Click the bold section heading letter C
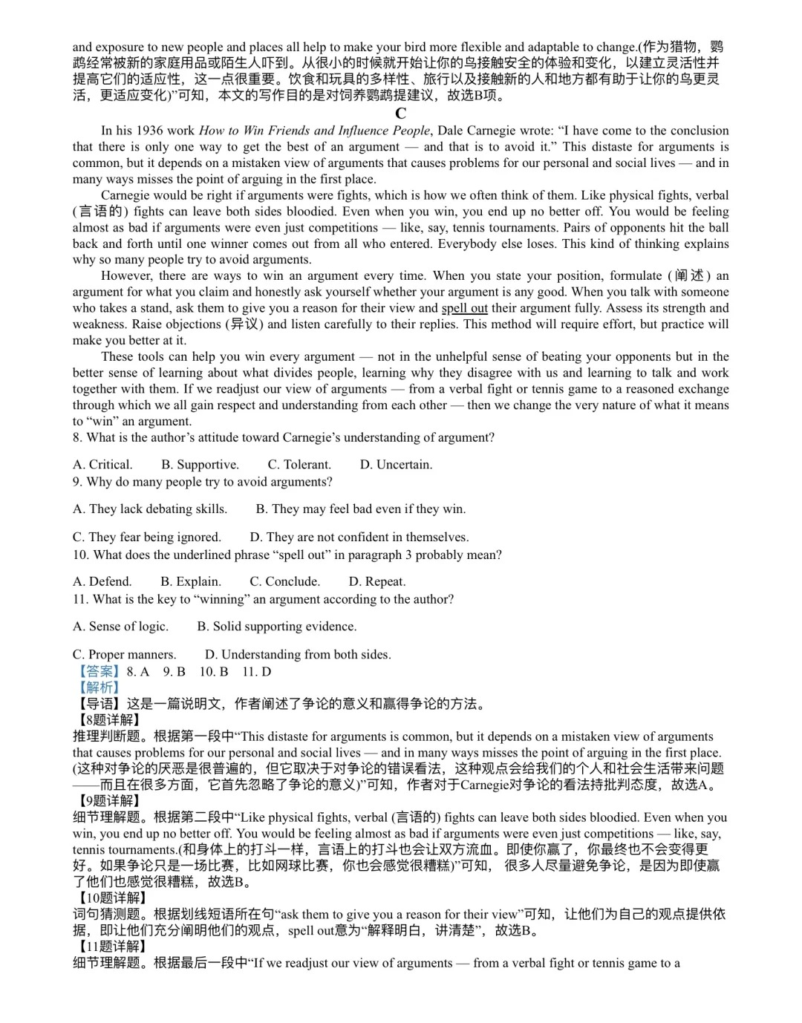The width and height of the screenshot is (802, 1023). (x=401, y=114)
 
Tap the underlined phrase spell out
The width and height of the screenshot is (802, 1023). (x=464, y=308)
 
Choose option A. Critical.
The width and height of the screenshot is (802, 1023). (x=102, y=465)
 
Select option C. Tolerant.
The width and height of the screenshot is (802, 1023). (x=299, y=465)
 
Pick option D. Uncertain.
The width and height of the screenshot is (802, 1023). (x=396, y=465)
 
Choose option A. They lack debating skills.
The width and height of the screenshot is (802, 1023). (x=150, y=509)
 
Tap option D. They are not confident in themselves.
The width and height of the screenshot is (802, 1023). (x=359, y=537)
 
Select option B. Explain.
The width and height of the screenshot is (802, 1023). (x=191, y=582)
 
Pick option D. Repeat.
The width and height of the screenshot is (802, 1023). (x=377, y=582)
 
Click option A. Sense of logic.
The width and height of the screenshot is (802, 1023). (x=120, y=627)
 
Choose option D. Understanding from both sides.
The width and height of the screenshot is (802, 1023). (x=298, y=655)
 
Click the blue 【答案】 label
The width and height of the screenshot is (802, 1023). (x=99, y=672)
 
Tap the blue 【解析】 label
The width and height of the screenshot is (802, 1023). (x=99, y=687)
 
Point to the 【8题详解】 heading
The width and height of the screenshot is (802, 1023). (x=108, y=720)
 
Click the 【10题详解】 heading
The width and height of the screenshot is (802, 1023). (x=111, y=898)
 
